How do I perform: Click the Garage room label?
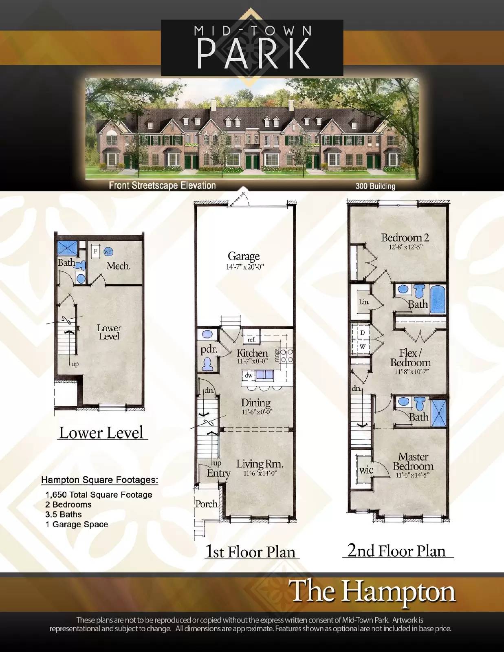[x=244, y=256]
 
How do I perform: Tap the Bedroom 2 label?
[x=405, y=238]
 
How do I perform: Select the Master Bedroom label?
[x=413, y=461]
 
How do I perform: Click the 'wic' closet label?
[x=366, y=470]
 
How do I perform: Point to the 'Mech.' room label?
[x=119, y=266]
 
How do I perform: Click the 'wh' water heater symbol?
[x=108, y=251]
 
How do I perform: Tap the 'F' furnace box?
[x=95, y=251]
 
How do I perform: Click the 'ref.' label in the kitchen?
[x=251, y=339]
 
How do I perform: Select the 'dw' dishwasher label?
[x=249, y=375]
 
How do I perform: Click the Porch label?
[x=206, y=504]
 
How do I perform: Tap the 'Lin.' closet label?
[x=364, y=302]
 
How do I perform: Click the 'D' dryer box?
[x=362, y=333]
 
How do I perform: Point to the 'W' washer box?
[x=362, y=347]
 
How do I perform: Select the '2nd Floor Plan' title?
[x=396, y=551]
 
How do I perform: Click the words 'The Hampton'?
[x=372, y=591]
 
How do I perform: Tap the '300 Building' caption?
[x=375, y=186]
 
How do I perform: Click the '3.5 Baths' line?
[x=64, y=514]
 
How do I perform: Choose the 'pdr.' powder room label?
[x=209, y=350]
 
